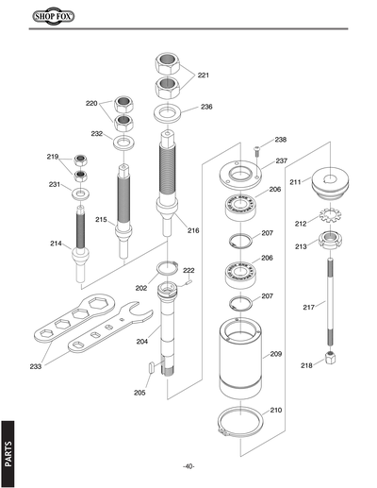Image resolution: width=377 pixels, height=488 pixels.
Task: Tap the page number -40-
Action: [188, 466]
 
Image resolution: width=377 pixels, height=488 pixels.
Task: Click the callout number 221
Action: [204, 75]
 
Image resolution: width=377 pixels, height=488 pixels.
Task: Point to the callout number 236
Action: [206, 107]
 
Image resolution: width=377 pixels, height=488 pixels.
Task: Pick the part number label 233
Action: [36, 366]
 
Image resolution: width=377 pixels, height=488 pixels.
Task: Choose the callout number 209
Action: [276, 354]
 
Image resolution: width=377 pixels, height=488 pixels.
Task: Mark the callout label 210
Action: [276, 411]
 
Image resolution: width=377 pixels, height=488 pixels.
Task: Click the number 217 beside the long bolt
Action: [308, 307]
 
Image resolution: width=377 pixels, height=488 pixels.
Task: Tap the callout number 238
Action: [280, 140]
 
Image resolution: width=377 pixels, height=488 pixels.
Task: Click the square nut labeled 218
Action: [333, 359]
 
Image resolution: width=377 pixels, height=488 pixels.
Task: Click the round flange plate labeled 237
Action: [239, 175]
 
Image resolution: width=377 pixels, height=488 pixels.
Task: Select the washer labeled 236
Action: [170, 115]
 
